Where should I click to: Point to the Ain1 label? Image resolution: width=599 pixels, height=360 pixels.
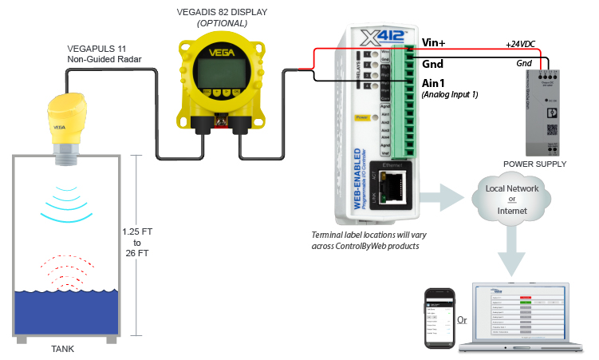coord(433,83)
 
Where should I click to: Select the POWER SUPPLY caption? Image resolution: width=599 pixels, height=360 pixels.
coord(534,164)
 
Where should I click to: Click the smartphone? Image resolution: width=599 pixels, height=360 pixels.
coord(438,316)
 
